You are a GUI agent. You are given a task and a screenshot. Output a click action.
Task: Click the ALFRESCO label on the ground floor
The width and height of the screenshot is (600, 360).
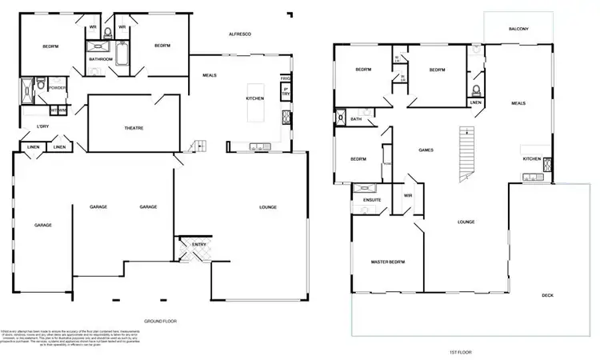(241, 34)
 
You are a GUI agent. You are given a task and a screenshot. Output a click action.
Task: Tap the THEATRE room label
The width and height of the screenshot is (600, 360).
(133, 128)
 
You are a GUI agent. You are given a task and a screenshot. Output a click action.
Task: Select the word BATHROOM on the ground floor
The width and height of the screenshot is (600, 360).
(100, 59)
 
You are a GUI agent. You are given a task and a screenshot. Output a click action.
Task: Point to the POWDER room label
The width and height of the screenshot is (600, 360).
(57, 87)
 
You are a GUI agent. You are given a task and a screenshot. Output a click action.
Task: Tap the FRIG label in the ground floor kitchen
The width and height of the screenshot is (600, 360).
(284, 78)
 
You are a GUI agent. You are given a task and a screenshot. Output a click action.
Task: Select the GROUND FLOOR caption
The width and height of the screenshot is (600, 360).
(160, 321)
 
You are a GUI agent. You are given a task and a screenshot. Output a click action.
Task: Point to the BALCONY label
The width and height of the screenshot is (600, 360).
(518, 30)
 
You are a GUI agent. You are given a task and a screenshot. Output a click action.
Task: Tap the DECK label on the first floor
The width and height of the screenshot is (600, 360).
(547, 295)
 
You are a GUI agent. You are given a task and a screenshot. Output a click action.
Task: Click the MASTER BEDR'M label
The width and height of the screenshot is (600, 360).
(387, 262)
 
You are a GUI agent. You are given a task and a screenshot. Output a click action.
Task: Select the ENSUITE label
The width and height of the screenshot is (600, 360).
(372, 199)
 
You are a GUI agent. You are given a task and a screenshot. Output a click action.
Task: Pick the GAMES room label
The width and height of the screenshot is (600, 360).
(426, 150)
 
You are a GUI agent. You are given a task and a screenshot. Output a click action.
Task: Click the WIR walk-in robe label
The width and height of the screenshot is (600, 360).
(408, 195)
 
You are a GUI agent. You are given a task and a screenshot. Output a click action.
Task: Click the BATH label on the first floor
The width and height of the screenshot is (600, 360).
(356, 119)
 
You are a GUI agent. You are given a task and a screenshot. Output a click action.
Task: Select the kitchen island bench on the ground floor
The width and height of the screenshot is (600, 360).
(258, 98)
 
